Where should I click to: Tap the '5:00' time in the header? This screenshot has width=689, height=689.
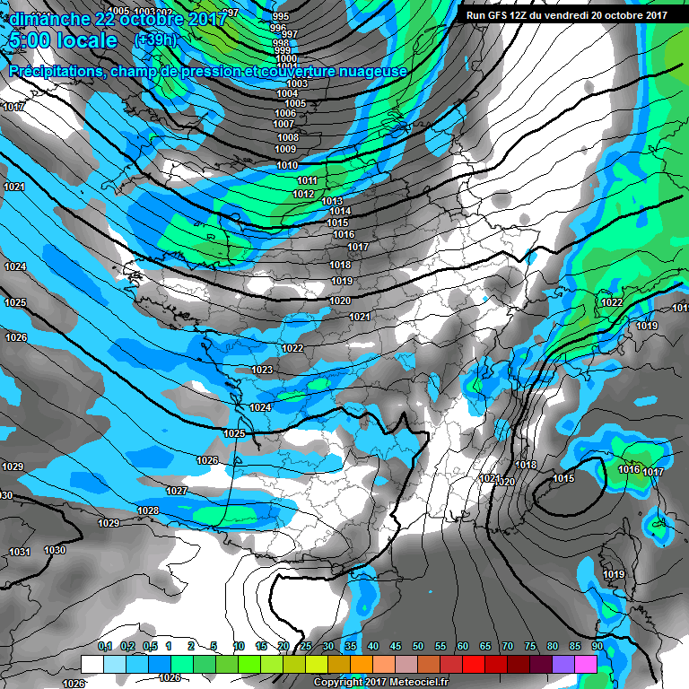pos(28,41)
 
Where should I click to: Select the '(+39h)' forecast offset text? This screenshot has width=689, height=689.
pos(154,40)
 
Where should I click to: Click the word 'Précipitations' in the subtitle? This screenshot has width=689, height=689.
pos(53,72)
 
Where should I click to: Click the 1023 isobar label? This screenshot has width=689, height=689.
pos(262,370)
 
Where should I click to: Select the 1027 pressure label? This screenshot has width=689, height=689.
pos(176,491)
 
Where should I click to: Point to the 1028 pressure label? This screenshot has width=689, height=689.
pos(148,510)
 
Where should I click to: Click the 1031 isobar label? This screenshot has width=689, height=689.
pos(19,552)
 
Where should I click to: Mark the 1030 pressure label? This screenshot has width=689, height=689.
pos(55,550)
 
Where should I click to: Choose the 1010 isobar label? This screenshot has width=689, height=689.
pos(287,165)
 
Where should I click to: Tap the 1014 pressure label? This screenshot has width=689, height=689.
pos(339,212)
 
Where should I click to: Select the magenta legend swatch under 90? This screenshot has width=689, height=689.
pos(586,665)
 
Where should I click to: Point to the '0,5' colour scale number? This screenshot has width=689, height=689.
pos(149,646)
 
